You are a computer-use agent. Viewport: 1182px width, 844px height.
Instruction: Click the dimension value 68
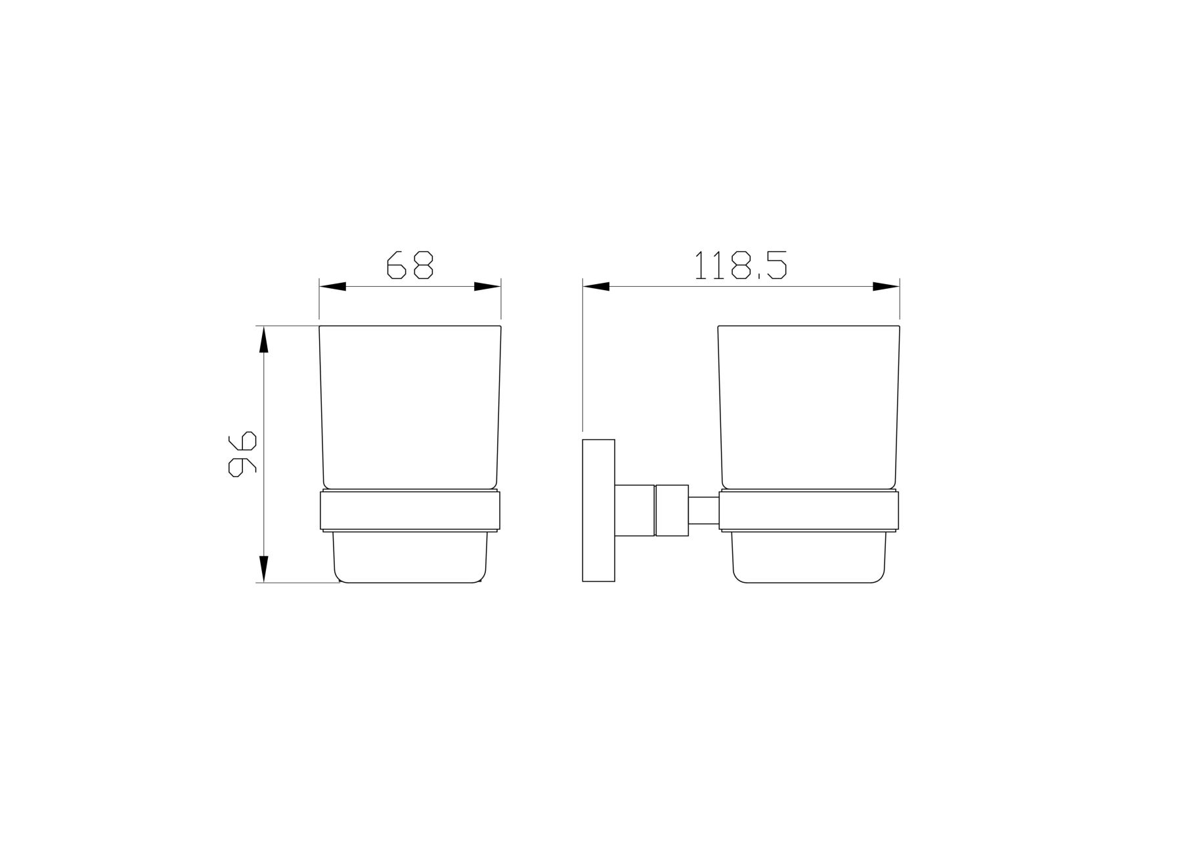click(410, 265)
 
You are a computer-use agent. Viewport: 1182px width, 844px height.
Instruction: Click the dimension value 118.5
click(741, 265)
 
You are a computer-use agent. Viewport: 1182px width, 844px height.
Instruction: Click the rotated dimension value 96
click(242, 454)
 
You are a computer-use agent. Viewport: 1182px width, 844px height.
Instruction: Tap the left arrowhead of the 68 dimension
click(333, 287)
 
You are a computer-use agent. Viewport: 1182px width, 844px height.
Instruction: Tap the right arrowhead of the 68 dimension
click(487, 287)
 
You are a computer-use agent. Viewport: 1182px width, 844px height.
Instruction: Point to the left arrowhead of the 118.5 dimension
click(596, 287)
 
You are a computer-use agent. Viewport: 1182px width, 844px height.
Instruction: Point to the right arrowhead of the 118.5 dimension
click(886, 287)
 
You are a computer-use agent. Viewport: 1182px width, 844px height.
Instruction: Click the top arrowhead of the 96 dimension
click(264, 339)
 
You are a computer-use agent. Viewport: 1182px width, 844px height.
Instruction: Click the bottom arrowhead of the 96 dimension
click(264, 569)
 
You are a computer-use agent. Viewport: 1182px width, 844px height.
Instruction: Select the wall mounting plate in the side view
click(599, 511)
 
